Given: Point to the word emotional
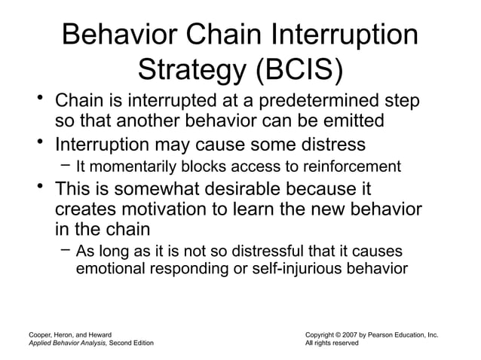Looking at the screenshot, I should tap(112, 268).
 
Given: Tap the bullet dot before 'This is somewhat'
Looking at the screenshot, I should tap(38, 185).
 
